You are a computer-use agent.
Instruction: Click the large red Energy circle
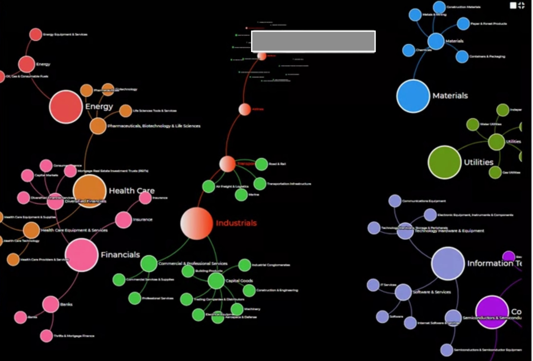[x=66, y=107]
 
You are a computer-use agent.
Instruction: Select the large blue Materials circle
[x=413, y=96]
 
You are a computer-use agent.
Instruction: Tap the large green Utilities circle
[x=444, y=162]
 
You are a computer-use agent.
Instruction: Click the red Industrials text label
[x=236, y=223]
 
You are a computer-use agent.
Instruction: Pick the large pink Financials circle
[x=82, y=255]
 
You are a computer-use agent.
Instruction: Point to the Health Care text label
[x=132, y=191]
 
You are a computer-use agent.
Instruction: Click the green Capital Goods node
[x=216, y=281]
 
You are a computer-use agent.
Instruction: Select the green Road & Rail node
[x=262, y=164]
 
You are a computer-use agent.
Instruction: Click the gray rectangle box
[x=313, y=41]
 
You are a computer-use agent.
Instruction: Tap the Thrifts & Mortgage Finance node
[x=46, y=336]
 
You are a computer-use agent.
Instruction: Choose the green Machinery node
[x=237, y=309]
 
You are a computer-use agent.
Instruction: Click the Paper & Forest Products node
[x=463, y=24]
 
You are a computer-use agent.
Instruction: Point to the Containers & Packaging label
[x=487, y=57]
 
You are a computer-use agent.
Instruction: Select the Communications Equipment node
[x=395, y=201]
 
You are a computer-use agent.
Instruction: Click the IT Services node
[x=373, y=285]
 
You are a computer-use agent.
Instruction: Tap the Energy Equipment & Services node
[x=36, y=34]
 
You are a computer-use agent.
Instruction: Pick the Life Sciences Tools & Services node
[x=125, y=111]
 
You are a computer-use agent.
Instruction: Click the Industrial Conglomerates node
[x=245, y=265]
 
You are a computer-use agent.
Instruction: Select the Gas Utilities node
[x=495, y=172]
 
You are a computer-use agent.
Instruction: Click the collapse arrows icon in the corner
[x=522, y=5]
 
